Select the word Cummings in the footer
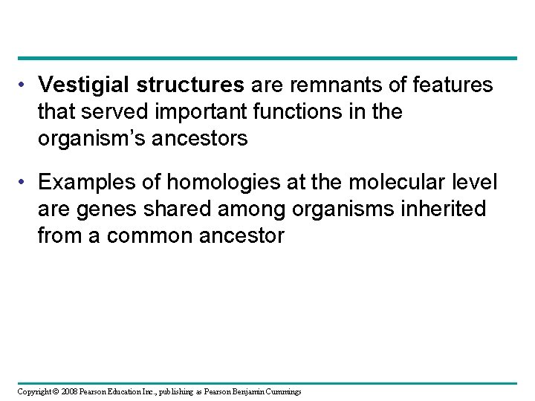pyautogui.click(x=282, y=391)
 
